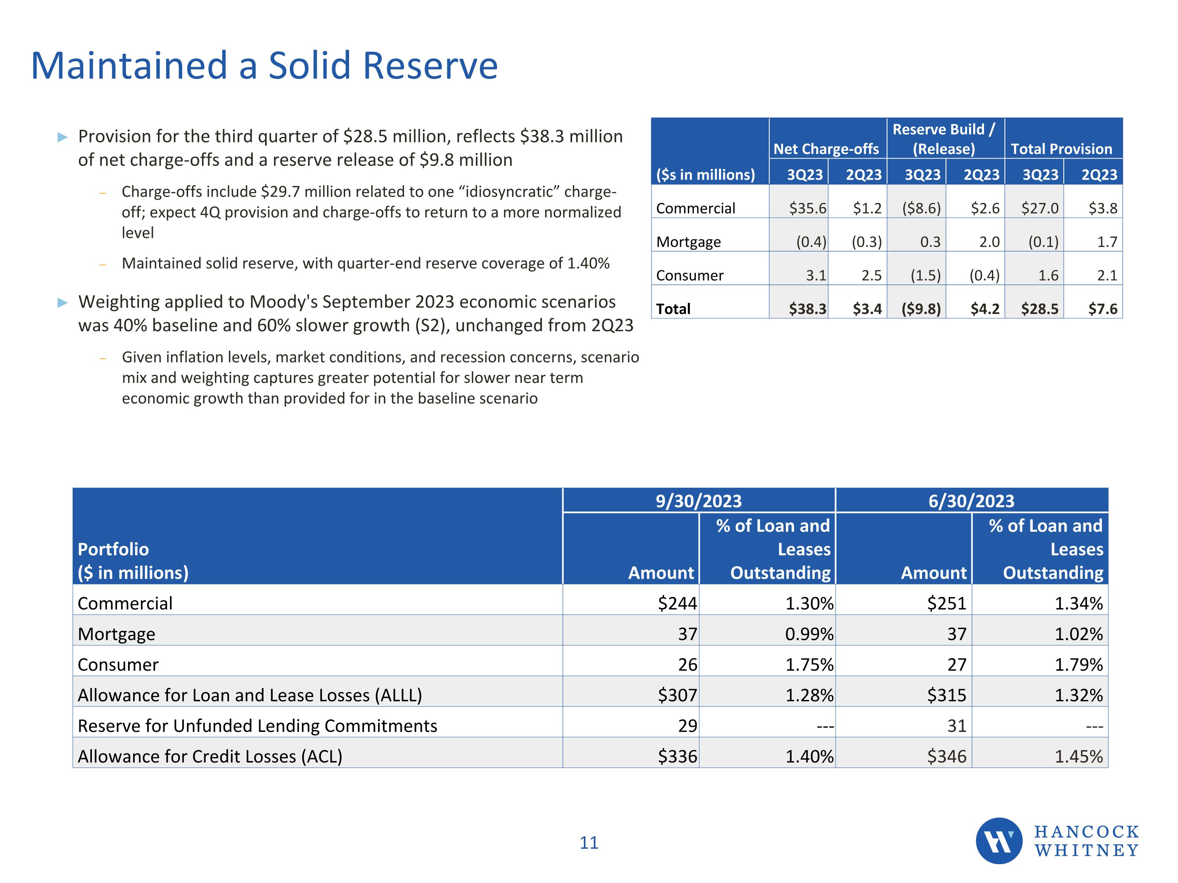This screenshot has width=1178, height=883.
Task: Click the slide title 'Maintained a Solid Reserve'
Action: click(264, 66)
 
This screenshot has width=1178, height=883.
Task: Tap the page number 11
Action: click(589, 843)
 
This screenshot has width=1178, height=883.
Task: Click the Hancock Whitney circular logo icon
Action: click(999, 841)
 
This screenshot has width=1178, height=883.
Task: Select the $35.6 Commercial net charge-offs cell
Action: click(807, 208)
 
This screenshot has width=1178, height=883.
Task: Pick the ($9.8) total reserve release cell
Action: click(921, 309)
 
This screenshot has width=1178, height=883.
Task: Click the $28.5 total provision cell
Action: click(1039, 309)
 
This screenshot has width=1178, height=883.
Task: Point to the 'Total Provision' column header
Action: click(1061, 149)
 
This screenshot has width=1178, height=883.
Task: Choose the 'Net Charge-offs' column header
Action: click(826, 149)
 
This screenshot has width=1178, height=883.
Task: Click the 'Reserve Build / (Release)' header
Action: click(944, 139)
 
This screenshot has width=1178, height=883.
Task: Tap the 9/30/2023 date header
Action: click(698, 501)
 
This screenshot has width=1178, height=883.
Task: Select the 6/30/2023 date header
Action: click(971, 501)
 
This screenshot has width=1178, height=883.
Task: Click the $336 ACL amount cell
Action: click(677, 756)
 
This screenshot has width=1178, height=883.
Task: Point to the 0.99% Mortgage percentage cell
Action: click(809, 634)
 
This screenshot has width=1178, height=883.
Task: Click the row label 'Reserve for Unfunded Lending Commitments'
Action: click(257, 726)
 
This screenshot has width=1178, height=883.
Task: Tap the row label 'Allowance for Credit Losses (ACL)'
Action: click(210, 756)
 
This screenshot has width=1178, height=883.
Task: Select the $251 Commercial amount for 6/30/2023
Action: click(946, 603)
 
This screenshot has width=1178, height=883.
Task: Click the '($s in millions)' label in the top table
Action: click(706, 175)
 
